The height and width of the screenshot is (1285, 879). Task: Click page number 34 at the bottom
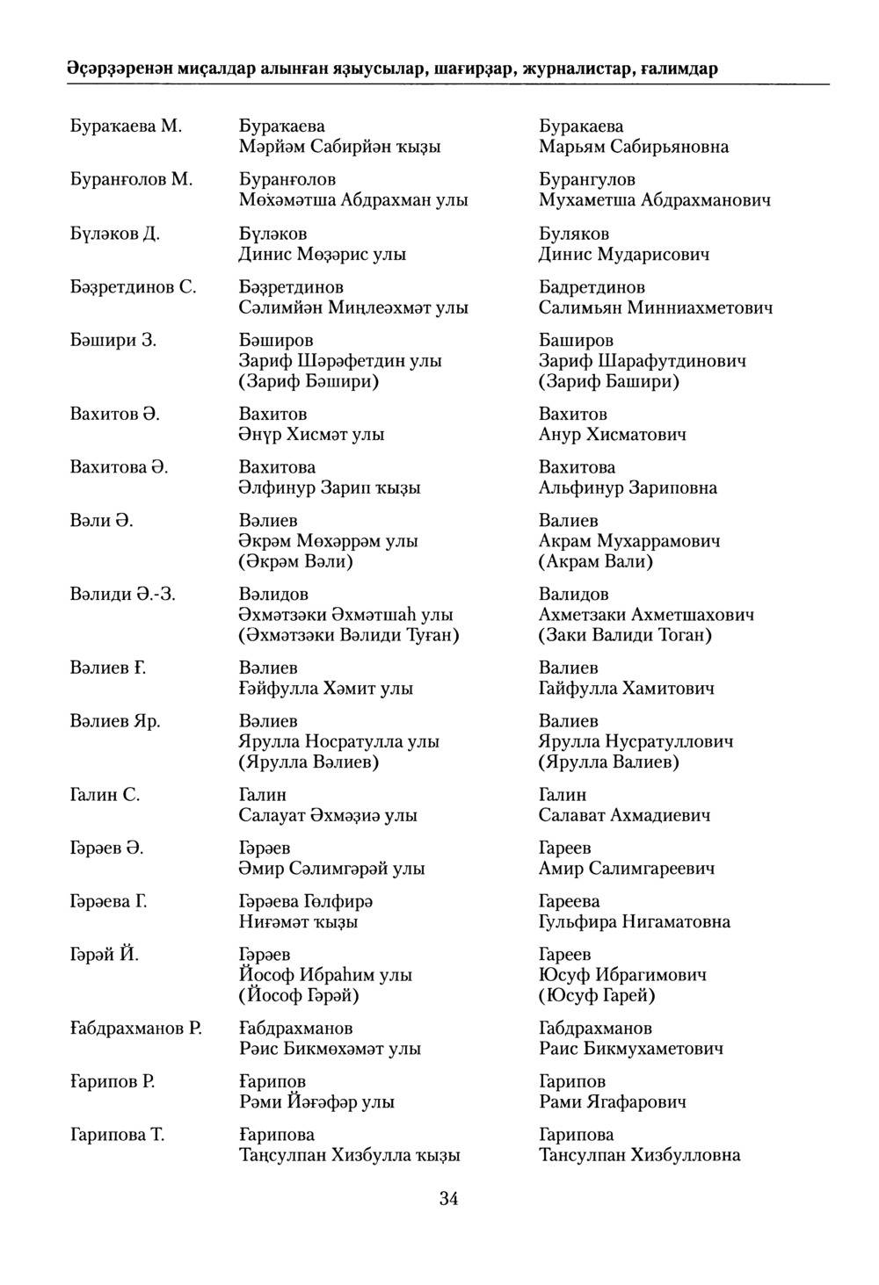pyautogui.click(x=448, y=1200)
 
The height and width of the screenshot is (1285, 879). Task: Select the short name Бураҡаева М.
pyautogui.click(x=126, y=126)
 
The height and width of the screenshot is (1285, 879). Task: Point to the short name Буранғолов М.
pyautogui.click(x=130, y=180)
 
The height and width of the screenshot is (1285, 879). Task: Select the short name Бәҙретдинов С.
pyautogui.click(x=133, y=287)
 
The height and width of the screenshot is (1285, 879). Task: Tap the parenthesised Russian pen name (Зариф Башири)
pyautogui.click(x=609, y=381)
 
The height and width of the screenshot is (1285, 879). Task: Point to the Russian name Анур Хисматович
pyautogui.click(x=613, y=434)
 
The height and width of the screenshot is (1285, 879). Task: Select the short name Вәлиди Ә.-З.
pyautogui.click(x=123, y=595)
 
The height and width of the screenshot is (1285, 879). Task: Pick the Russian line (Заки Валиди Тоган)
pyautogui.click(x=625, y=634)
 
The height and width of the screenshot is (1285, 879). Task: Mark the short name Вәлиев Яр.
pyautogui.click(x=114, y=721)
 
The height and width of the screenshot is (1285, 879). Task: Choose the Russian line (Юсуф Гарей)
pyautogui.click(x=597, y=995)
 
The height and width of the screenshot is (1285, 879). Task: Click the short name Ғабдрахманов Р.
pyautogui.click(x=135, y=1029)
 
